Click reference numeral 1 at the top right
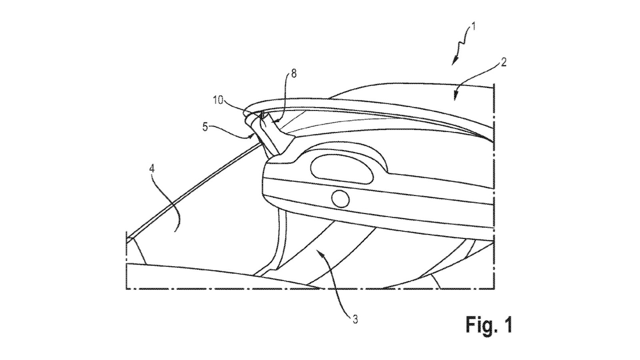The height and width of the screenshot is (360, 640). point(473,27)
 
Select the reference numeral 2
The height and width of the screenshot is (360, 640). point(504,62)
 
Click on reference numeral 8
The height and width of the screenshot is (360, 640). point(294,74)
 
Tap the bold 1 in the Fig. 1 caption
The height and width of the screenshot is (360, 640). point(507,324)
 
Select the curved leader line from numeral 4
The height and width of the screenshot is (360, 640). point(167,196)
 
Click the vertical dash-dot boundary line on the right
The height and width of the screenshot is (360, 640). point(495,180)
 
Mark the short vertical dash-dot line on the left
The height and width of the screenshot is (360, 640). point(126,260)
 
